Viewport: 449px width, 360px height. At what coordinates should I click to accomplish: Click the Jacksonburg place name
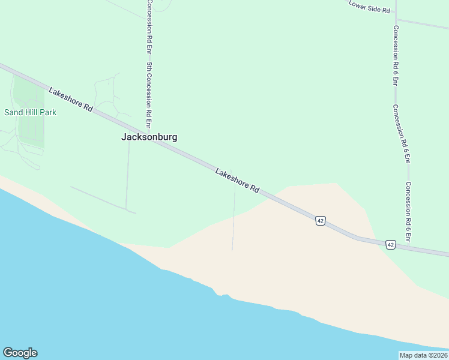[x=149, y=137]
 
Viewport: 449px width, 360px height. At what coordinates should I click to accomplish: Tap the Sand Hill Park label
[x=30, y=112]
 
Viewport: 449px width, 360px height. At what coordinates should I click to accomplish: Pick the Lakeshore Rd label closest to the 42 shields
[x=237, y=180]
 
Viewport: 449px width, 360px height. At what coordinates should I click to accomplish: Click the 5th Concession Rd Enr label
[x=148, y=89]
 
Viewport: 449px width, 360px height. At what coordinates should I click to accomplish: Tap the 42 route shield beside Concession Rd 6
[x=391, y=245]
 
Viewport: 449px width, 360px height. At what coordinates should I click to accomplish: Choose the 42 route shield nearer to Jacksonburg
[x=320, y=221]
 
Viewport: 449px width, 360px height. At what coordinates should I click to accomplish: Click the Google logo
[x=20, y=353]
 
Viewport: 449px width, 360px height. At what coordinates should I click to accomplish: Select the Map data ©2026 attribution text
[x=423, y=355]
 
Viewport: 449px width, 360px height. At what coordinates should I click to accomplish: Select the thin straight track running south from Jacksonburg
[x=127, y=174]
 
